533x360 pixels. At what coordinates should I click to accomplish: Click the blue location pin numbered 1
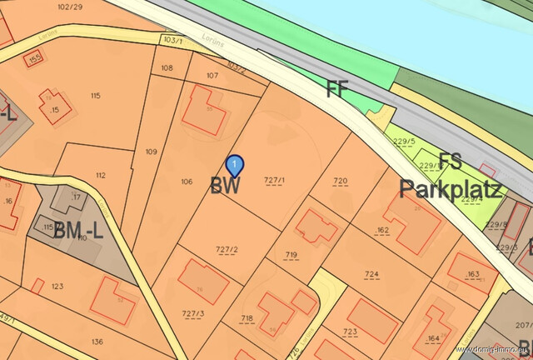click(236, 165)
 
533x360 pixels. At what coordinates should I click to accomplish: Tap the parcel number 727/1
click(274, 181)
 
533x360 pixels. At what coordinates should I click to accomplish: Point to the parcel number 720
click(340, 181)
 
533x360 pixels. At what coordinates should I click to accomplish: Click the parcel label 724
click(371, 273)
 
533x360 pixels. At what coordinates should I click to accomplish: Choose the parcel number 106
click(187, 181)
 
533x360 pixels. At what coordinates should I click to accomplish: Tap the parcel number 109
click(151, 152)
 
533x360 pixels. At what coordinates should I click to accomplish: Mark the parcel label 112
click(101, 175)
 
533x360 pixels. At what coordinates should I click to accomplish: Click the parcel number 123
click(57, 287)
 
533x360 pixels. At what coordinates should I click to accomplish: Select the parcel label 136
click(97, 341)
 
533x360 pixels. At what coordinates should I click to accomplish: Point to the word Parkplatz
click(451, 188)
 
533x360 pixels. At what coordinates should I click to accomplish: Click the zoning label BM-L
click(78, 231)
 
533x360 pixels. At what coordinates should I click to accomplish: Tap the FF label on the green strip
click(337, 90)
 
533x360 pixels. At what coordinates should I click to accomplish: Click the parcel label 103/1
click(172, 39)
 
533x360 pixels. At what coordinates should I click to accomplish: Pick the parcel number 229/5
click(405, 141)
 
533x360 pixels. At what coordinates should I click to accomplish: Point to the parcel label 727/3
click(192, 314)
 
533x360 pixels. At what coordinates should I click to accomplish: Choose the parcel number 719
click(291, 254)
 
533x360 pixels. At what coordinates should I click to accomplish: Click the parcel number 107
click(212, 76)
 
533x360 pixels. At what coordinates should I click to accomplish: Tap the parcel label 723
click(350, 332)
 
